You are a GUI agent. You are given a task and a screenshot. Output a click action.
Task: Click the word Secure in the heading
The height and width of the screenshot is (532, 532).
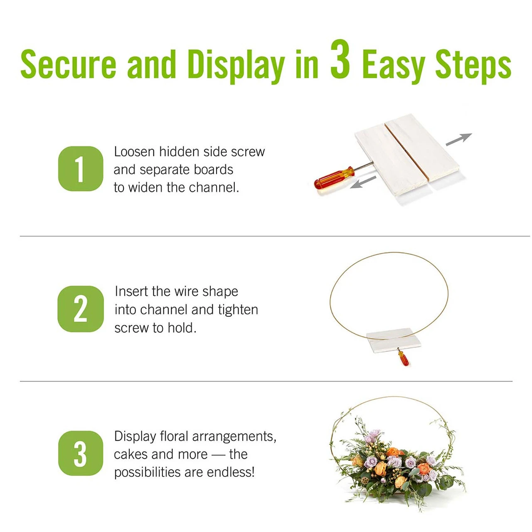pyautogui.click(x=68, y=64)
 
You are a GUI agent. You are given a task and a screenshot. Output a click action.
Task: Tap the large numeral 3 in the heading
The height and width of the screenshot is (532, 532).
pyautogui.click(x=340, y=59)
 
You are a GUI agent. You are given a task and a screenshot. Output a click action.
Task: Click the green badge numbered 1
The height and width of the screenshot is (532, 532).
pyautogui.click(x=80, y=168)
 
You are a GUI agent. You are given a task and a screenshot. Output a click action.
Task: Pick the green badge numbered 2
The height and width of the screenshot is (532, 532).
pyautogui.click(x=80, y=309)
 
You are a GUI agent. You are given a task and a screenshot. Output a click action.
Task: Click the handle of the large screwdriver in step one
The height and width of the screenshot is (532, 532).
pyautogui.click(x=334, y=178)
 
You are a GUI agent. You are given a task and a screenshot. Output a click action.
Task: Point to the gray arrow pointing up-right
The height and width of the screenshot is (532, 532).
pyautogui.click(x=459, y=139)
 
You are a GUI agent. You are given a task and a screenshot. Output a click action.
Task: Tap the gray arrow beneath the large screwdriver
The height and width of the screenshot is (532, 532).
pyautogui.click(x=363, y=182)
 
